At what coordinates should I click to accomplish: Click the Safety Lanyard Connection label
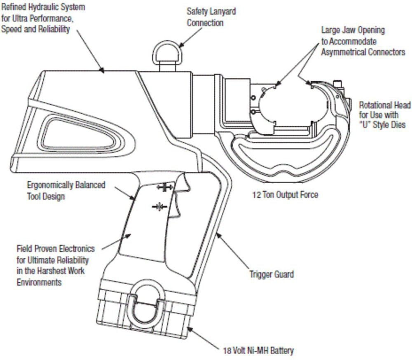click(211, 17)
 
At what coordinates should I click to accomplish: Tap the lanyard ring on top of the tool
click(166, 53)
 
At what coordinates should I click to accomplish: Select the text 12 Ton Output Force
click(285, 194)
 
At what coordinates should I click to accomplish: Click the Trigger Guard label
click(272, 274)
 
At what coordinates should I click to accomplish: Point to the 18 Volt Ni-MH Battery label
click(256, 351)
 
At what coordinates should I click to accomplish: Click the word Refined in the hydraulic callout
click(15, 7)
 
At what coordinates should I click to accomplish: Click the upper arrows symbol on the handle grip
click(164, 187)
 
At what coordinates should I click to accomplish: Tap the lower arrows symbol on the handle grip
click(159, 206)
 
